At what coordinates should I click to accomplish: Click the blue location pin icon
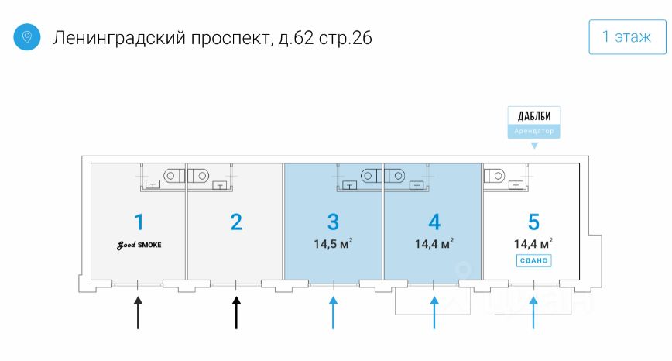[x=26, y=37]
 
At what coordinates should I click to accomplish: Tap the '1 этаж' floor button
[x=627, y=37]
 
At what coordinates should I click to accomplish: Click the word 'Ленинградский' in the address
[x=118, y=38]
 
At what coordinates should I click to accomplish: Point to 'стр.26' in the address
[x=345, y=38]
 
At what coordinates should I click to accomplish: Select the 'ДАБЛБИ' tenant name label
[x=534, y=116]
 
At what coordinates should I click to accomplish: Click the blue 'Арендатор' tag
[x=534, y=131]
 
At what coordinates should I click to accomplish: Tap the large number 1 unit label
[x=139, y=222]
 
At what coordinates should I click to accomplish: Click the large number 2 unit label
[x=236, y=222]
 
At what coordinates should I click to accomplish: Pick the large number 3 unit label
[x=333, y=222]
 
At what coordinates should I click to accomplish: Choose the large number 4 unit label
[x=434, y=222]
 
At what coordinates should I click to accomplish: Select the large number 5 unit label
[x=533, y=222]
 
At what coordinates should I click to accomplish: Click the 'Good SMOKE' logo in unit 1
[x=139, y=246]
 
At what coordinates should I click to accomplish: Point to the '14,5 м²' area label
[x=333, y=244]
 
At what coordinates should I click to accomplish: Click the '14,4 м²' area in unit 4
[x=434, y=244]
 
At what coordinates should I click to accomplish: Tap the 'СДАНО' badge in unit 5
[x=533, y=260]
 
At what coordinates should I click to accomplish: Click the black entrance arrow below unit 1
[x=138, y=312]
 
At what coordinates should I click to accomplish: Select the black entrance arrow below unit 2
[x=236, y=312]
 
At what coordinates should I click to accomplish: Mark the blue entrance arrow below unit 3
[x=333, y=312]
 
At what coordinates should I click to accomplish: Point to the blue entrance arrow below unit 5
[x=533, y=312]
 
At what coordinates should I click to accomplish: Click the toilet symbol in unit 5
[x=494, y=176]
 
